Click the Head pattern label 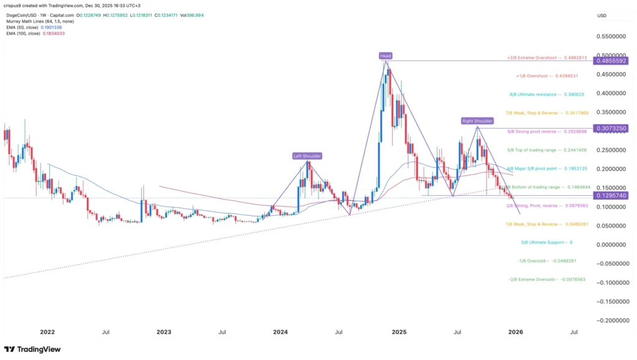tap(386, 55)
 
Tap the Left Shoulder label tap(308, 155)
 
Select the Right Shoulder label tap(477, 121)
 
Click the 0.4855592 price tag tap(612, 61)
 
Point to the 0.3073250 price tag tap(612, 128)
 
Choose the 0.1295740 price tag tap(612, 195)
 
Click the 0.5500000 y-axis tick tap(611, 37)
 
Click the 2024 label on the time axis tap(281, 332)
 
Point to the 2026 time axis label tap(516, 332)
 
